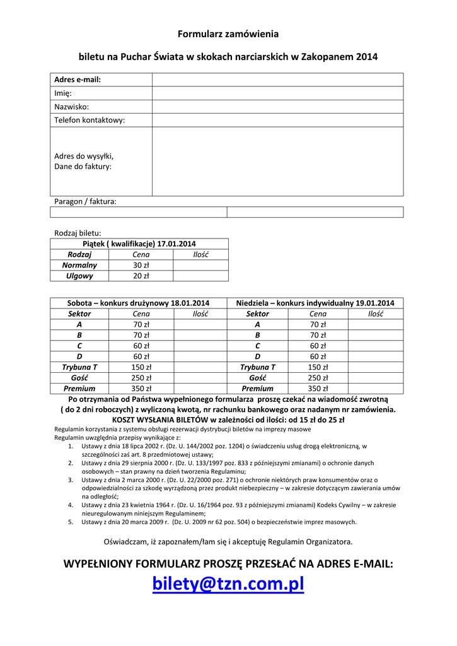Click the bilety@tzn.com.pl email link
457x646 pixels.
pyautogui.click(x=228, y=585)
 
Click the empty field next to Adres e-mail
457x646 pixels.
pyautogui.click(x=277, y=79)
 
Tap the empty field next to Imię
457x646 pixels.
pyautogui.click(x=277, y=93)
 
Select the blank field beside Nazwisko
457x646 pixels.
pyautogui.click(x=277, y=107)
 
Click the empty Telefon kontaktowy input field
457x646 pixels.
pyautogui.click(x=277, y=120)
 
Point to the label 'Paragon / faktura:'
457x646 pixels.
pyautogui.click(x=85, y=201)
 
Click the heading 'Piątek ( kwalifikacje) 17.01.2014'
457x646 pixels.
pyautogui.click(x=139, y=244)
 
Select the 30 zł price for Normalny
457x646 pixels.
pyautogui.click(x=141, y=265)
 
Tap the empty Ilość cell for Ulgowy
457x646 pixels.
pyautogui.click(x=200, y=276)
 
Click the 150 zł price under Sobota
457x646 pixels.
pyautogui.click(x=141, y=367)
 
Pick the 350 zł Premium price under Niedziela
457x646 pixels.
pyautogui.click(x=318, y=389)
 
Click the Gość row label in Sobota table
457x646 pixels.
pyautogui.click(x=79, y=378)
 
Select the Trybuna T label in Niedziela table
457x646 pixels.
pyautogui.click(x=257, y=367)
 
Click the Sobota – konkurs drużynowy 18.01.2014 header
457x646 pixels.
pyautogui.click(x=139, y=303)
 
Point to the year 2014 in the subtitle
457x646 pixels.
pyautogui.click(x=367, y=57)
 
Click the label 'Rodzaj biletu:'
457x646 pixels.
pyautogui.click(x=78, y=233)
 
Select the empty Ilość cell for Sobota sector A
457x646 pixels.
pyautogui.click(x=200, y=324)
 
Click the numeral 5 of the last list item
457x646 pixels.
pyautogui.click(x=71, y=522)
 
